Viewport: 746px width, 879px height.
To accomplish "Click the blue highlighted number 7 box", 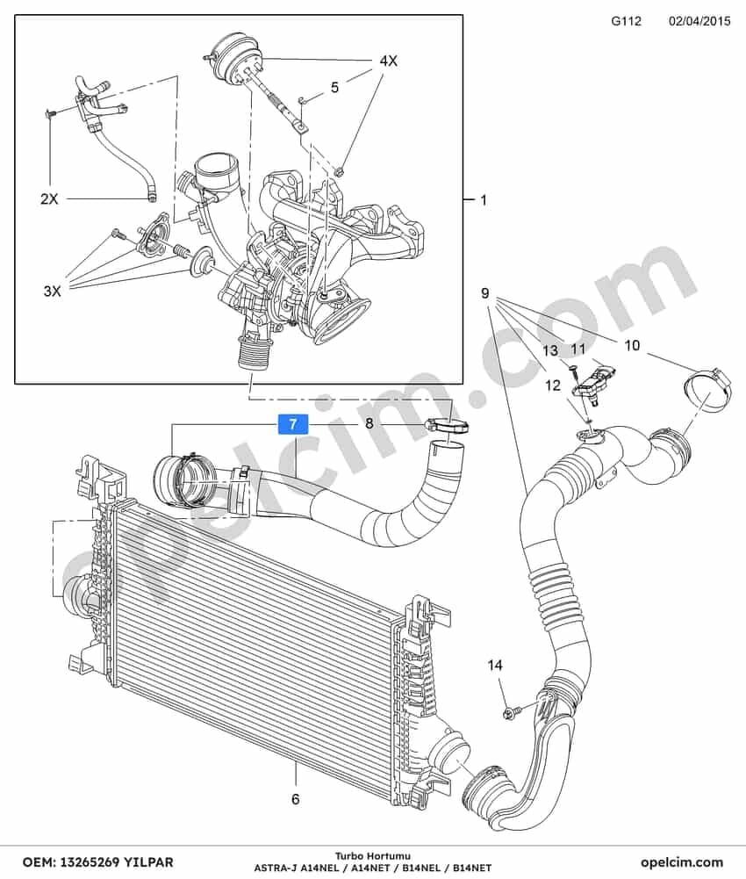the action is point(293,425).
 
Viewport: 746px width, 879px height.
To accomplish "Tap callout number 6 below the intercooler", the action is point(296,798).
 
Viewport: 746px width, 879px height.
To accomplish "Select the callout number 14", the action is point(495,666).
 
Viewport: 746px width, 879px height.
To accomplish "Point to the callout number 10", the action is point(632,345).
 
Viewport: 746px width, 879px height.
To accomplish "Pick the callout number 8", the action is point(369,423).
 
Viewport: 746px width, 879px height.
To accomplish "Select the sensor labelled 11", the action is point(592,382).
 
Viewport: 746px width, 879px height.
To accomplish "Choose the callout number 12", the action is point(553,385).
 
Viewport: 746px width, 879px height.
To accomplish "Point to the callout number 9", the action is point(484,292).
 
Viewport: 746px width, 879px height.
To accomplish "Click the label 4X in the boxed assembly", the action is point(388,61).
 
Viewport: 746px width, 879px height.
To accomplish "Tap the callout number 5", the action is point(334,88).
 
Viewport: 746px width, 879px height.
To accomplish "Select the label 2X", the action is point(49,198).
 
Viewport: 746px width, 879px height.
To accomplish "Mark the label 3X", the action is point(52,291).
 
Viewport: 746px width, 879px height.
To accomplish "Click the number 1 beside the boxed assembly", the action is point(484,199).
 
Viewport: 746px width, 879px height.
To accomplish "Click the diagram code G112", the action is point(626,21).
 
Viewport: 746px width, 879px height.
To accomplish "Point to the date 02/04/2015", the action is point(699,21).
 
